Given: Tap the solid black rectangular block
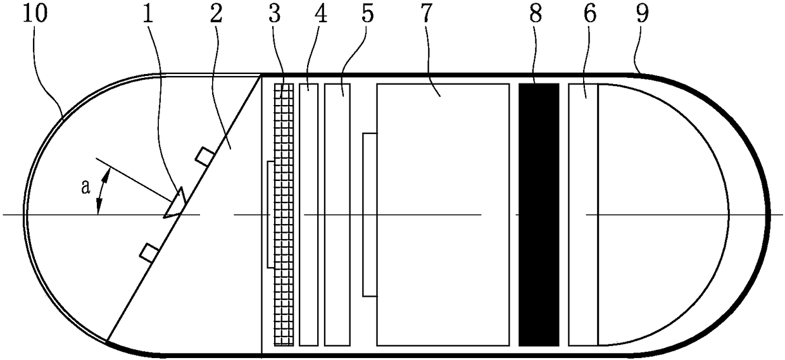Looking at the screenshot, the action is [x=539, y=214].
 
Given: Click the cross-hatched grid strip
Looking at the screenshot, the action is [x=284, y=214].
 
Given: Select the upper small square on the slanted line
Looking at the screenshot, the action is [x=203, y=156].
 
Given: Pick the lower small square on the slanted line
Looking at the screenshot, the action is [x=149, y=252].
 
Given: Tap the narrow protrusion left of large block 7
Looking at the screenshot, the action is [x=369, y=214].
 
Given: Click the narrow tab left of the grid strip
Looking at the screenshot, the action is [x=270, y=214].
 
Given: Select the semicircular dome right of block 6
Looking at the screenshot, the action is [x=658, y=214].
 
